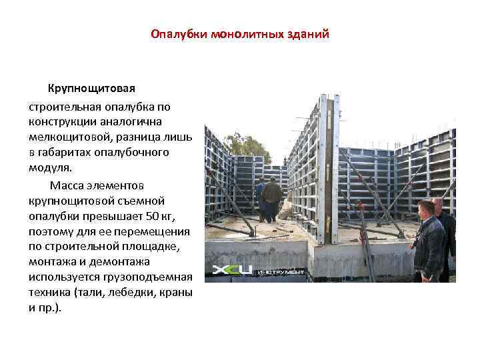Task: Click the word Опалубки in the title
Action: pyautogui.click(x=178, y=34)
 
